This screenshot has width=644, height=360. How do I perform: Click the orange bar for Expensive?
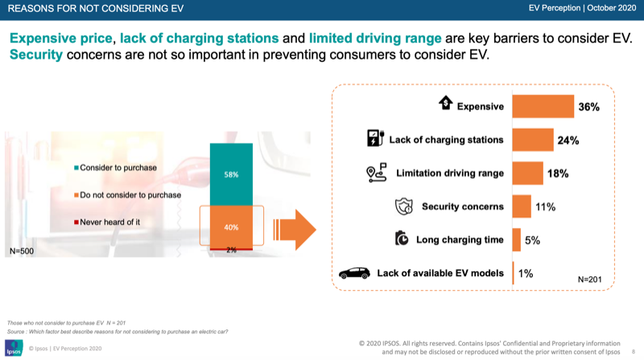(x=543, y=106)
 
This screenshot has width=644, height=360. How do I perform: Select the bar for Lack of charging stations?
(x=532, y=139)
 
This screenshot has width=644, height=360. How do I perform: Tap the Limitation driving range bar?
(x=527, y=173)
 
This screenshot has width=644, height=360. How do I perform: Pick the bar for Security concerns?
(x=521, y=206)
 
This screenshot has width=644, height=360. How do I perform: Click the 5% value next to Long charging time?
(x=532, y=240)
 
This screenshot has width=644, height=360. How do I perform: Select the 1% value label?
(x=526, y=273)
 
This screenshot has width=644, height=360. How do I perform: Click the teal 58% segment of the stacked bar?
(x=231, y=173)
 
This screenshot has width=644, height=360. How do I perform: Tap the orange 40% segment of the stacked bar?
(x=231, y=226)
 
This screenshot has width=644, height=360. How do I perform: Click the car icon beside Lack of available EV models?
(x=353, y=273)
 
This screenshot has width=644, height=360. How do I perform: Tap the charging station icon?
(x=374, y=139)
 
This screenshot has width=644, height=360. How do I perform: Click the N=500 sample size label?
(x=23, y=251)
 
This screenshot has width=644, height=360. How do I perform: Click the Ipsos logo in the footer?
(x=14, y=348)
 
